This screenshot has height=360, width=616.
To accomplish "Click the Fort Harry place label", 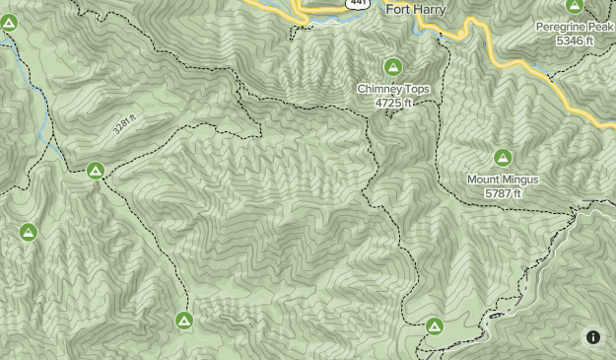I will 415,9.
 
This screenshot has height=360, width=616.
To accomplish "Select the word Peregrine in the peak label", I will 560,27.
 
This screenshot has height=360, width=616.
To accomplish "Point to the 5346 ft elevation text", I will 575,40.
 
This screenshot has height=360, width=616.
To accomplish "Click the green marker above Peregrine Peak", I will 575,6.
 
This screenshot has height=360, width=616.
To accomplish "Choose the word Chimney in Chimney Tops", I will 380,89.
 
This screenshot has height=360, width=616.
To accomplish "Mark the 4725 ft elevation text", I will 393,103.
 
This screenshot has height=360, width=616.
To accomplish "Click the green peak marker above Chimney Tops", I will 393,67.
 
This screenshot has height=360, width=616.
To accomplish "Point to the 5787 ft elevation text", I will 503,193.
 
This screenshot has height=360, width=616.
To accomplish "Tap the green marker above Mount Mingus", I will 503,158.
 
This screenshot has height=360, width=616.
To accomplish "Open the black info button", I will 593,337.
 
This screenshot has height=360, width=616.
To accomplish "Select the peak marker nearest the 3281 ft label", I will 96,170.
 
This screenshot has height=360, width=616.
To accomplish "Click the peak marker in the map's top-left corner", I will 9,22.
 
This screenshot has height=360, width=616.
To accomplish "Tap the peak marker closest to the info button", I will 434,325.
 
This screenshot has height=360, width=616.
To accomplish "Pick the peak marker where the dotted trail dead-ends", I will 183,320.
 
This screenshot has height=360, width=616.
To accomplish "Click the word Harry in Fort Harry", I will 429,9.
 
